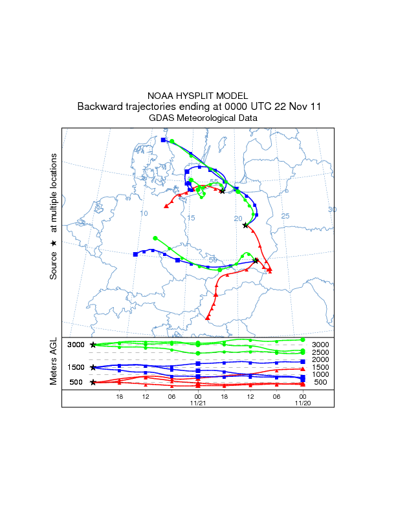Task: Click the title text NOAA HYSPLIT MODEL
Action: [198, 95]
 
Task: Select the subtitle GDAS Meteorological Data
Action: [198, 118]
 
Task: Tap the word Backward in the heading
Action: [97, 107]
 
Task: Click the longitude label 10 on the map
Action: [144, 213]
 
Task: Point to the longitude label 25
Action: [285, 215]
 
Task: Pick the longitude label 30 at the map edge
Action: [332, 209]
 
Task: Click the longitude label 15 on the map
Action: [191, 219]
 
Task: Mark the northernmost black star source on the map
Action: [222, 191]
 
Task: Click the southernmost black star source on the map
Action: [256, 261]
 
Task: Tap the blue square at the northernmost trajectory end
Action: [163, 140]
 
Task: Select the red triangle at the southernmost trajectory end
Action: [208, 318]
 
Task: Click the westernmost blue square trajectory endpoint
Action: [135, 254]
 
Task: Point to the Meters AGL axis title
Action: [54, 361]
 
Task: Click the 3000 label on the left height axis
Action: [76, 345]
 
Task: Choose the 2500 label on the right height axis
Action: [320, 352]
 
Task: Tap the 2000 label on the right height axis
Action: [320, 359]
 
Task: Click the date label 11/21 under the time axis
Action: [198, 402]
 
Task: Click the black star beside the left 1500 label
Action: [93, 367]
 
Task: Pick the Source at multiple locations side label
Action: [54, 217]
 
